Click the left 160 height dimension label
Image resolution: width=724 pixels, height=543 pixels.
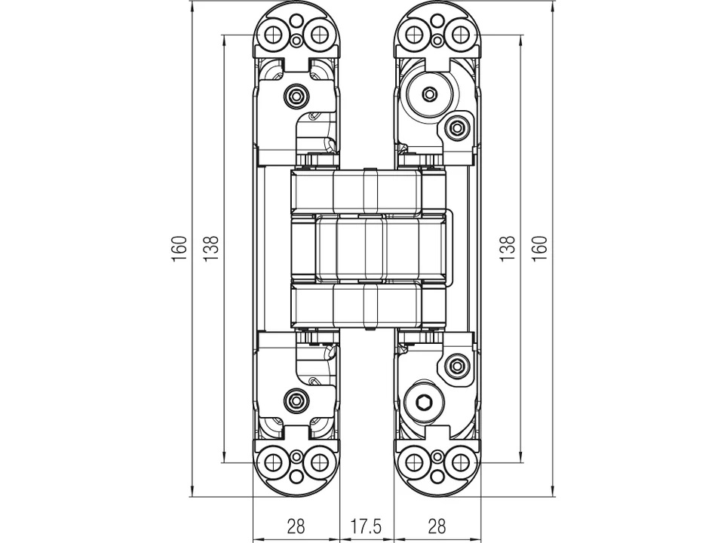pyautogui.click(x=179, y=249)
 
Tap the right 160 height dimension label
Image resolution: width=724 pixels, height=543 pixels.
pyautogui.click(x=540, y=249)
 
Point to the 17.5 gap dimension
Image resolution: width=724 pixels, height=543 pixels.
pyautogui.click(x=367, y=525)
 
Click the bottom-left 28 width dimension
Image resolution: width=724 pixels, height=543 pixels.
pyautogui.click(x=296, y=525)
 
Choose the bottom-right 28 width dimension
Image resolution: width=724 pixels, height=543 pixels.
pyautogui.click(x=437, y=525)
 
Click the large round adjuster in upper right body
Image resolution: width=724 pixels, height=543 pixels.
pyautogui.click(x=428, y=94)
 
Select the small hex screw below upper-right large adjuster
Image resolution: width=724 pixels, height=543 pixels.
pyautogui.click(x=456, y=128)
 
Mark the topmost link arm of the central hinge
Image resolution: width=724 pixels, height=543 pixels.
pyautogui.click(x=367, y=192)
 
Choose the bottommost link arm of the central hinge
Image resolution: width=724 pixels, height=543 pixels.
pyautogui.click(x=367, y=305)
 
